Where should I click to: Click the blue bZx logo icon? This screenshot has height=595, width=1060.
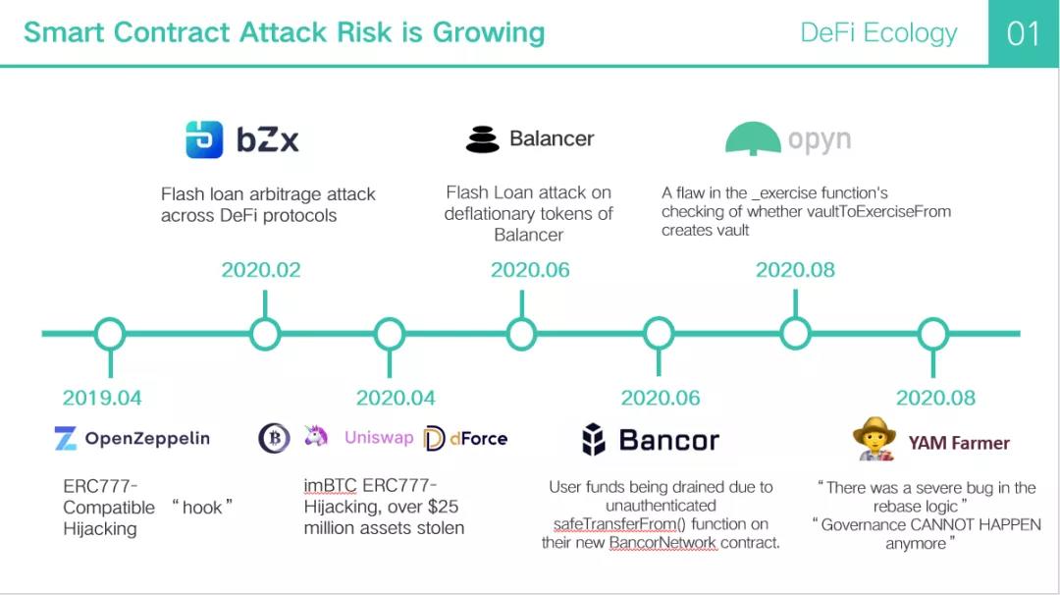click(204, 139)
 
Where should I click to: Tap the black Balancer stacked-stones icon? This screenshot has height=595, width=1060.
click(483, 139)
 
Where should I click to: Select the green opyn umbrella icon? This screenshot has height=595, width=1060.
click(753, 138)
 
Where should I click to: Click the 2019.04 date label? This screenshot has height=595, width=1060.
click(102, 398)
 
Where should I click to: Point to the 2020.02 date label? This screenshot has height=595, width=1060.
click(261, 270)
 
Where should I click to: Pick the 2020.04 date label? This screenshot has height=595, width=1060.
click(396, 398)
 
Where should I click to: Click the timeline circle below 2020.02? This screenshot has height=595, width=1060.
click(265, 333)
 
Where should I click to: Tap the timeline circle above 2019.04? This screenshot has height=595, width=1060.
click(110, 333)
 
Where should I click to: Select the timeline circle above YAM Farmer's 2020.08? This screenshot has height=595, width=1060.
click(933, 333)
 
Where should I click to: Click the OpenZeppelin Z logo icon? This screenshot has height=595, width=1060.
click(66, 438)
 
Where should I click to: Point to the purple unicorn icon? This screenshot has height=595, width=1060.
click(316, 436)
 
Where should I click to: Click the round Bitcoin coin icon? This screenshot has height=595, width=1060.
click(275, 438)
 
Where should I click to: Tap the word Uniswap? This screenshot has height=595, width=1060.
click(379, 438)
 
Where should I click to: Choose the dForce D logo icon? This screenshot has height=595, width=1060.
click(434, 439)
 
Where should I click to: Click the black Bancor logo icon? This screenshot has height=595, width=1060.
click(594, 439)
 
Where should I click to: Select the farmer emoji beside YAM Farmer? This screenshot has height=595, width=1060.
click(874, 439)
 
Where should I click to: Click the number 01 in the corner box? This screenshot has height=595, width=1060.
click(1024, 33)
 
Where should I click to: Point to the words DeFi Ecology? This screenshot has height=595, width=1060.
click(878, 33)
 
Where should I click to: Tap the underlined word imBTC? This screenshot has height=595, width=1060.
click(330, 485)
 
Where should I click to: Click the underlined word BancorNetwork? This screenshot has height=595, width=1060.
click(662, 543)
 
